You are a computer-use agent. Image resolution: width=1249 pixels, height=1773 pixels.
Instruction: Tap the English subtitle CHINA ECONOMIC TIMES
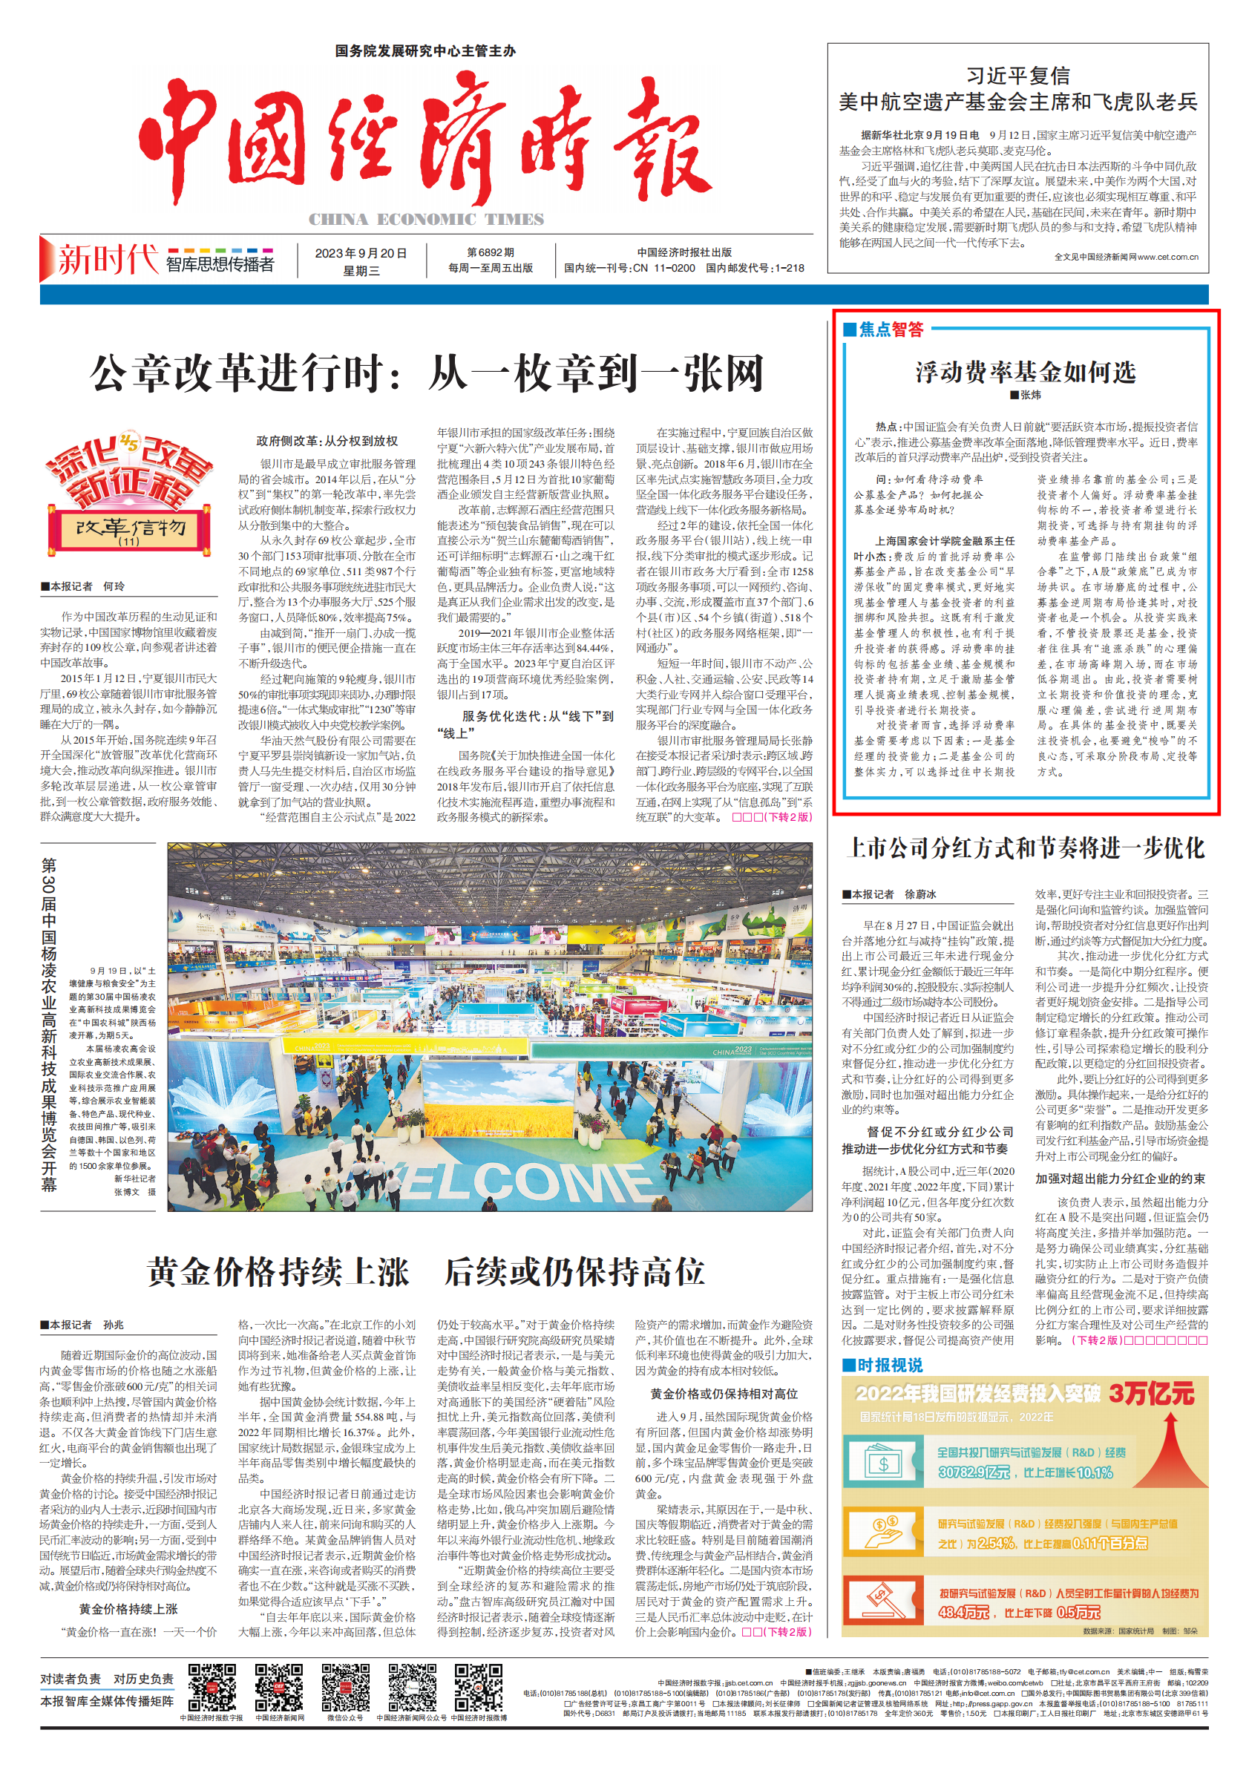tap(427, 220)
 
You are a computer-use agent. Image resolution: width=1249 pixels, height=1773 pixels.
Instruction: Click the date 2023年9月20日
tap(361, 253)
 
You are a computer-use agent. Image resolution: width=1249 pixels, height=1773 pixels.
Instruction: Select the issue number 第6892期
tap(491, 252)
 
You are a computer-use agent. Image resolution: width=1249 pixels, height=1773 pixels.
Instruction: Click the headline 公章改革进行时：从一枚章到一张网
tap(427, 374)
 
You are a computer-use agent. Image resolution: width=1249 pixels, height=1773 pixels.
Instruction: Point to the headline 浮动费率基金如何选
tap(1025, 373)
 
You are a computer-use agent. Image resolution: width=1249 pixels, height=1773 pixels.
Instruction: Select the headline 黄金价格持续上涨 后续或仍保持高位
tap(425, 1271)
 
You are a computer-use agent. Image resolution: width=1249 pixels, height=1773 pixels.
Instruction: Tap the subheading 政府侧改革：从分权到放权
tap(327, 441)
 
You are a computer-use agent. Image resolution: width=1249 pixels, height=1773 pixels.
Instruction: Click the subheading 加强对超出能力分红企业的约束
tap(1120, 1179)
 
